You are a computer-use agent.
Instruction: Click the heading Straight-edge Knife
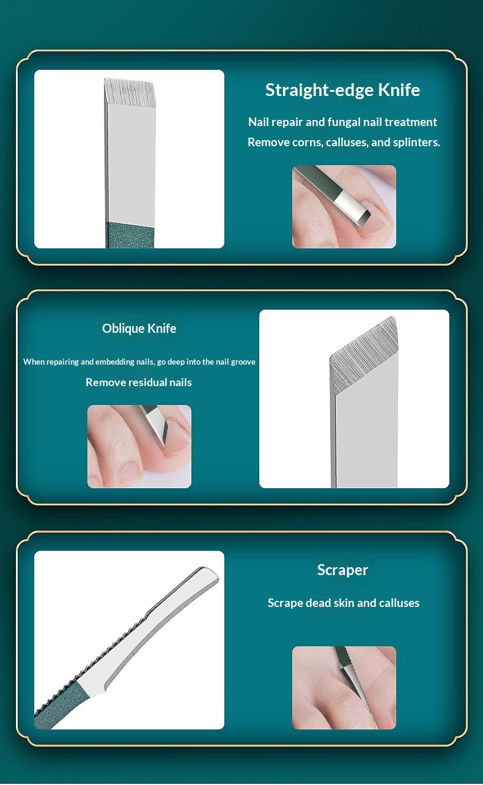pyautogui.click(x=342, y=91)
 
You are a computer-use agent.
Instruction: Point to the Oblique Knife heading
pyautogui.click(x=139, y=329)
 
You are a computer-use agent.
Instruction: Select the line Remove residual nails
pyautogui.click(x=139, y=382)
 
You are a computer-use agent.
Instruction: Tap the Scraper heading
pyautogui.click(x=342, y=570)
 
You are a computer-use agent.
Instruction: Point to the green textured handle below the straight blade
pyautogui.click(x=130, y=235)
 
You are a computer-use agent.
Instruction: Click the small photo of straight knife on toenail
pyautogui.click(x=344, y=207)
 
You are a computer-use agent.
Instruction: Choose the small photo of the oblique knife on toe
pyautogui.click(x=139, y=447)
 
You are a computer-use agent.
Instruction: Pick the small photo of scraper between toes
pyautogui.click(x=344, y=688)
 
